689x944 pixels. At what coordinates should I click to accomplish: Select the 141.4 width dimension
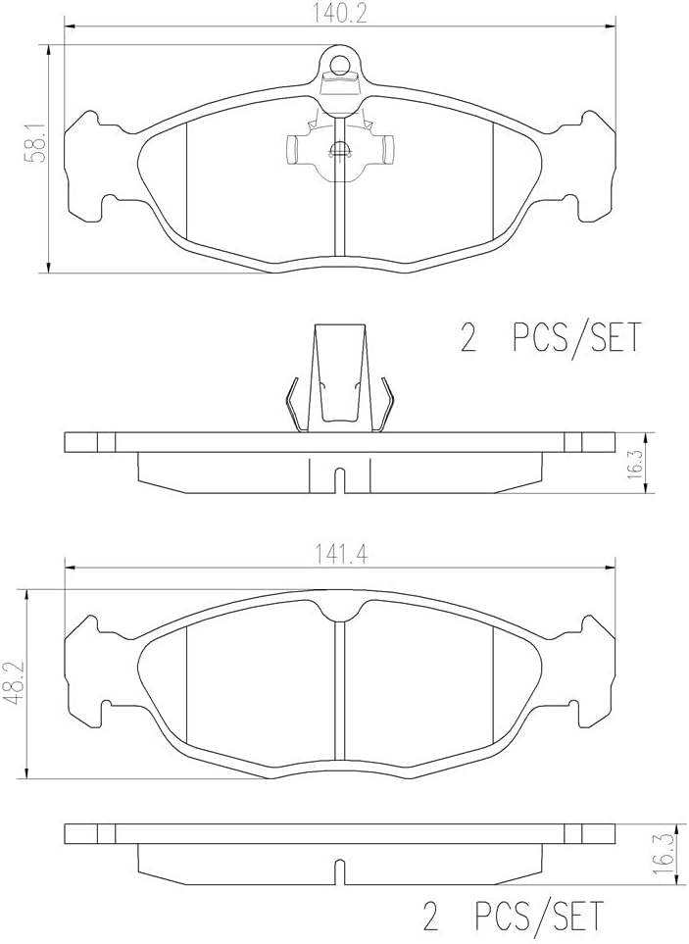(339, 554)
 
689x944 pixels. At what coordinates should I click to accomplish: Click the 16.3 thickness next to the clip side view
(635, 464)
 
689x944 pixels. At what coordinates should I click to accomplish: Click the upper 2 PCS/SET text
(551, 338)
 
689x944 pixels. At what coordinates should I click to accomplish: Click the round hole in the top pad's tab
(341, 64)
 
